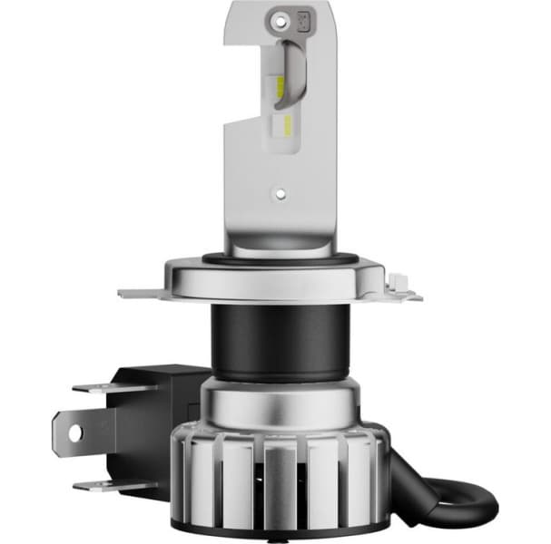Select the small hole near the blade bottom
click(280, 193)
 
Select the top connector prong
click(100, 387)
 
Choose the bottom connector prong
click(100, 486)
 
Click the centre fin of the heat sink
click(279, 476)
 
